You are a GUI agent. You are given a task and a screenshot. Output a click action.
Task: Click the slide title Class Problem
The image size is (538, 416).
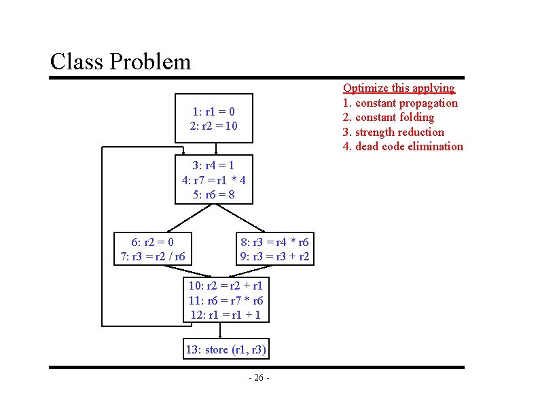tap(120, 62)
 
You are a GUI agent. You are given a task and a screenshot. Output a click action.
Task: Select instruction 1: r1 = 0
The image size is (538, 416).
tap(213, 111)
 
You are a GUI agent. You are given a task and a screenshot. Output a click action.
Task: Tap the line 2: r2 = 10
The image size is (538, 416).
tap(213, 126)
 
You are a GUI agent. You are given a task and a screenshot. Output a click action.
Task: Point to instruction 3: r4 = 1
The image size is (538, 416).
tap(213, 165)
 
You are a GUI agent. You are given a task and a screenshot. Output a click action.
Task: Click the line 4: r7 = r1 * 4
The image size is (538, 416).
tap(213, 180)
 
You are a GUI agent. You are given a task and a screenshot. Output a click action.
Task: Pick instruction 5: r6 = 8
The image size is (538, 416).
tap(213, 194)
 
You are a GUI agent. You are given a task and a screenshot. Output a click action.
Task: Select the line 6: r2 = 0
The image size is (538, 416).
tap(152, 242)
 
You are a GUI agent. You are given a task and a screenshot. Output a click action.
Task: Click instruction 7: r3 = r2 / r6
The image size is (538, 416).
tap(152, 256)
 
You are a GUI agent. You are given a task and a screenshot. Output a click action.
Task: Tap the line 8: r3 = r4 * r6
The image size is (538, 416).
tap(274, 242)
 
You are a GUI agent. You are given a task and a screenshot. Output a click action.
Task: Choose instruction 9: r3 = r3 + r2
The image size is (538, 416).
tap(274, 256)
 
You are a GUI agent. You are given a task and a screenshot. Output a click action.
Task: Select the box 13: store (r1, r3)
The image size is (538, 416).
tap(226, 350)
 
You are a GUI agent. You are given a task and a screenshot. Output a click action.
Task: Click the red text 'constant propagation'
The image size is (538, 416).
tap(406, 103)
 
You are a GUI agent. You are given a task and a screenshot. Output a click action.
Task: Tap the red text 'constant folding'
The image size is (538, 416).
tap(395, 117)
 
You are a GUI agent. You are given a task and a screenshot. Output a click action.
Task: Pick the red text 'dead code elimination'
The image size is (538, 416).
tap(409, 146)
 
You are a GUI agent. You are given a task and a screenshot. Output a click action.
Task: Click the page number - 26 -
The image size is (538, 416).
tap(259, 378)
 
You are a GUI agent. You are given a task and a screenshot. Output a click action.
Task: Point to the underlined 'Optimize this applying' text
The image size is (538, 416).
tap(399, 88)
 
